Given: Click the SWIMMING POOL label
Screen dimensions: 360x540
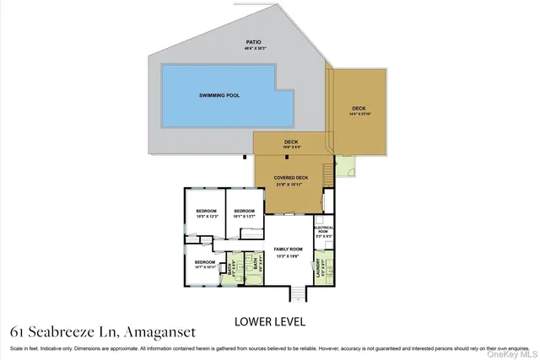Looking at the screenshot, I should point(219,95).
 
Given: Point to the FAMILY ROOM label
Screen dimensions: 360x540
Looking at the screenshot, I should point(288,250).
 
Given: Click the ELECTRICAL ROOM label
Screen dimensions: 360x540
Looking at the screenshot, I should point(324,230).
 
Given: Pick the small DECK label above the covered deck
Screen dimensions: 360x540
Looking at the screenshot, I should point(291,142).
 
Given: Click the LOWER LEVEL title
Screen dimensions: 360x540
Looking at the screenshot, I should point(269,321).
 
